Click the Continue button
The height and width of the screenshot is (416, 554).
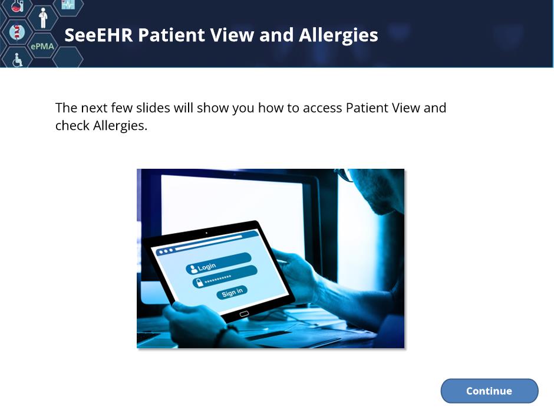489,391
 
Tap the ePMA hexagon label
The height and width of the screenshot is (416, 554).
42,47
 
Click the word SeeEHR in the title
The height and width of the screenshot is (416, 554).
98,35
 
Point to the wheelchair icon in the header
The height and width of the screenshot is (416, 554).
17,60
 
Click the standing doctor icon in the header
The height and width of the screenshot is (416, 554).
43,18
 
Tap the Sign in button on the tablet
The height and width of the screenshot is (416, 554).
232,292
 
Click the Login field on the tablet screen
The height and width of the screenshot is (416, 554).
219,264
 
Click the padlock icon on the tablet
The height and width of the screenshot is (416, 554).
200,282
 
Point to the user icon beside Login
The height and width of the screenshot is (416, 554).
193,269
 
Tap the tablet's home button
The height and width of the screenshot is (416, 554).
244,314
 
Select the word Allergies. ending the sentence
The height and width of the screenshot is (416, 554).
120,126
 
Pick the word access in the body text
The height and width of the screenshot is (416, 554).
322,108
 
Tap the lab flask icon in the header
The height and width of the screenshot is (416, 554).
17,6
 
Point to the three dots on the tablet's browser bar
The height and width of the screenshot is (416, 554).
166,251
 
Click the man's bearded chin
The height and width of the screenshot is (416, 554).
380,207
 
